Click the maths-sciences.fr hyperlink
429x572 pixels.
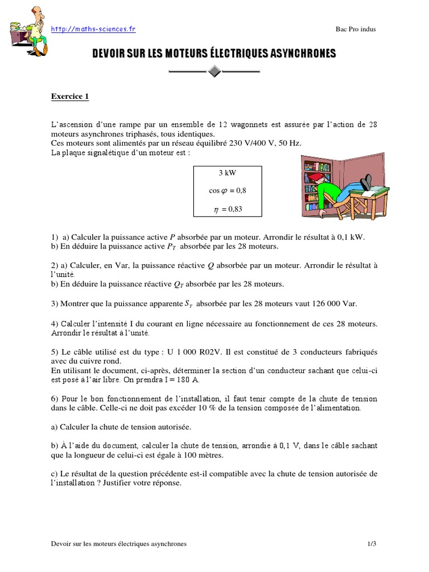pos(93,29)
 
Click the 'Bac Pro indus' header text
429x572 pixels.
pos(355,30)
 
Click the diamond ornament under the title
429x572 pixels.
pos(214,71)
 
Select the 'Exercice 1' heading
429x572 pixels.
pos(70,97)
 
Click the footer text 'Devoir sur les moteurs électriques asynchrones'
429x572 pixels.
pos(118,543)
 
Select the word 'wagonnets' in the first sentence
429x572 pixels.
pos(254,125)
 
